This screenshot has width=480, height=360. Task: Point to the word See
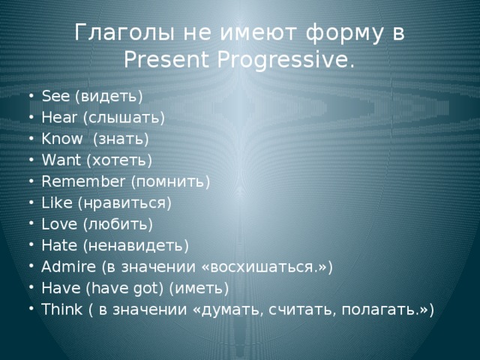pyautogui.click(x=55, y=97)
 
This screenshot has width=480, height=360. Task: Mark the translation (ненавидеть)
pyautogui.click(x=135, y=244)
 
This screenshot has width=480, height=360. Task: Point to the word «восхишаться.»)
pyautogui.click(x=266, y=266)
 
